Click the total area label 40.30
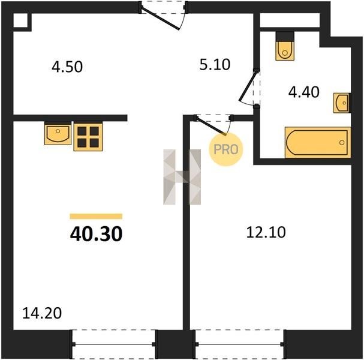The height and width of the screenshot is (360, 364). [96, 234]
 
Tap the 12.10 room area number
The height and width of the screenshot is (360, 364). [266, 232]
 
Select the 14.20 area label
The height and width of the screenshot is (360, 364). [42, 313]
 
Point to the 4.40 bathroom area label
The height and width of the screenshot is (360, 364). [303, 92]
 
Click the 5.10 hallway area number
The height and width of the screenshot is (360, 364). [215, 65]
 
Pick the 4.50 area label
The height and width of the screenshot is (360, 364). [67, 67]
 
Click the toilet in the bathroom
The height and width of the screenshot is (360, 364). [285, 46]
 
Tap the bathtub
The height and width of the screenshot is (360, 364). [318, 142]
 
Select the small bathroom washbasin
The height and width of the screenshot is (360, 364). [342, 103]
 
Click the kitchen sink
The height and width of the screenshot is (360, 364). [58, 133]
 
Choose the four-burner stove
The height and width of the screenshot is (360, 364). [88, 137]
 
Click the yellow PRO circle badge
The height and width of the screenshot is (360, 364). [226, 149]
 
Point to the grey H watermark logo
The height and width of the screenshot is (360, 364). [182, 177]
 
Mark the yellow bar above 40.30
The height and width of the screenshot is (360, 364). [96, 216]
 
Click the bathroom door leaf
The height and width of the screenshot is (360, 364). [248, 86]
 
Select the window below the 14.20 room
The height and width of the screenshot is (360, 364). [113, 344]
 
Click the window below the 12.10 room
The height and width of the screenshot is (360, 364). [239, 344]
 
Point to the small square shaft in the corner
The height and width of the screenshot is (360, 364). [20, 20]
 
